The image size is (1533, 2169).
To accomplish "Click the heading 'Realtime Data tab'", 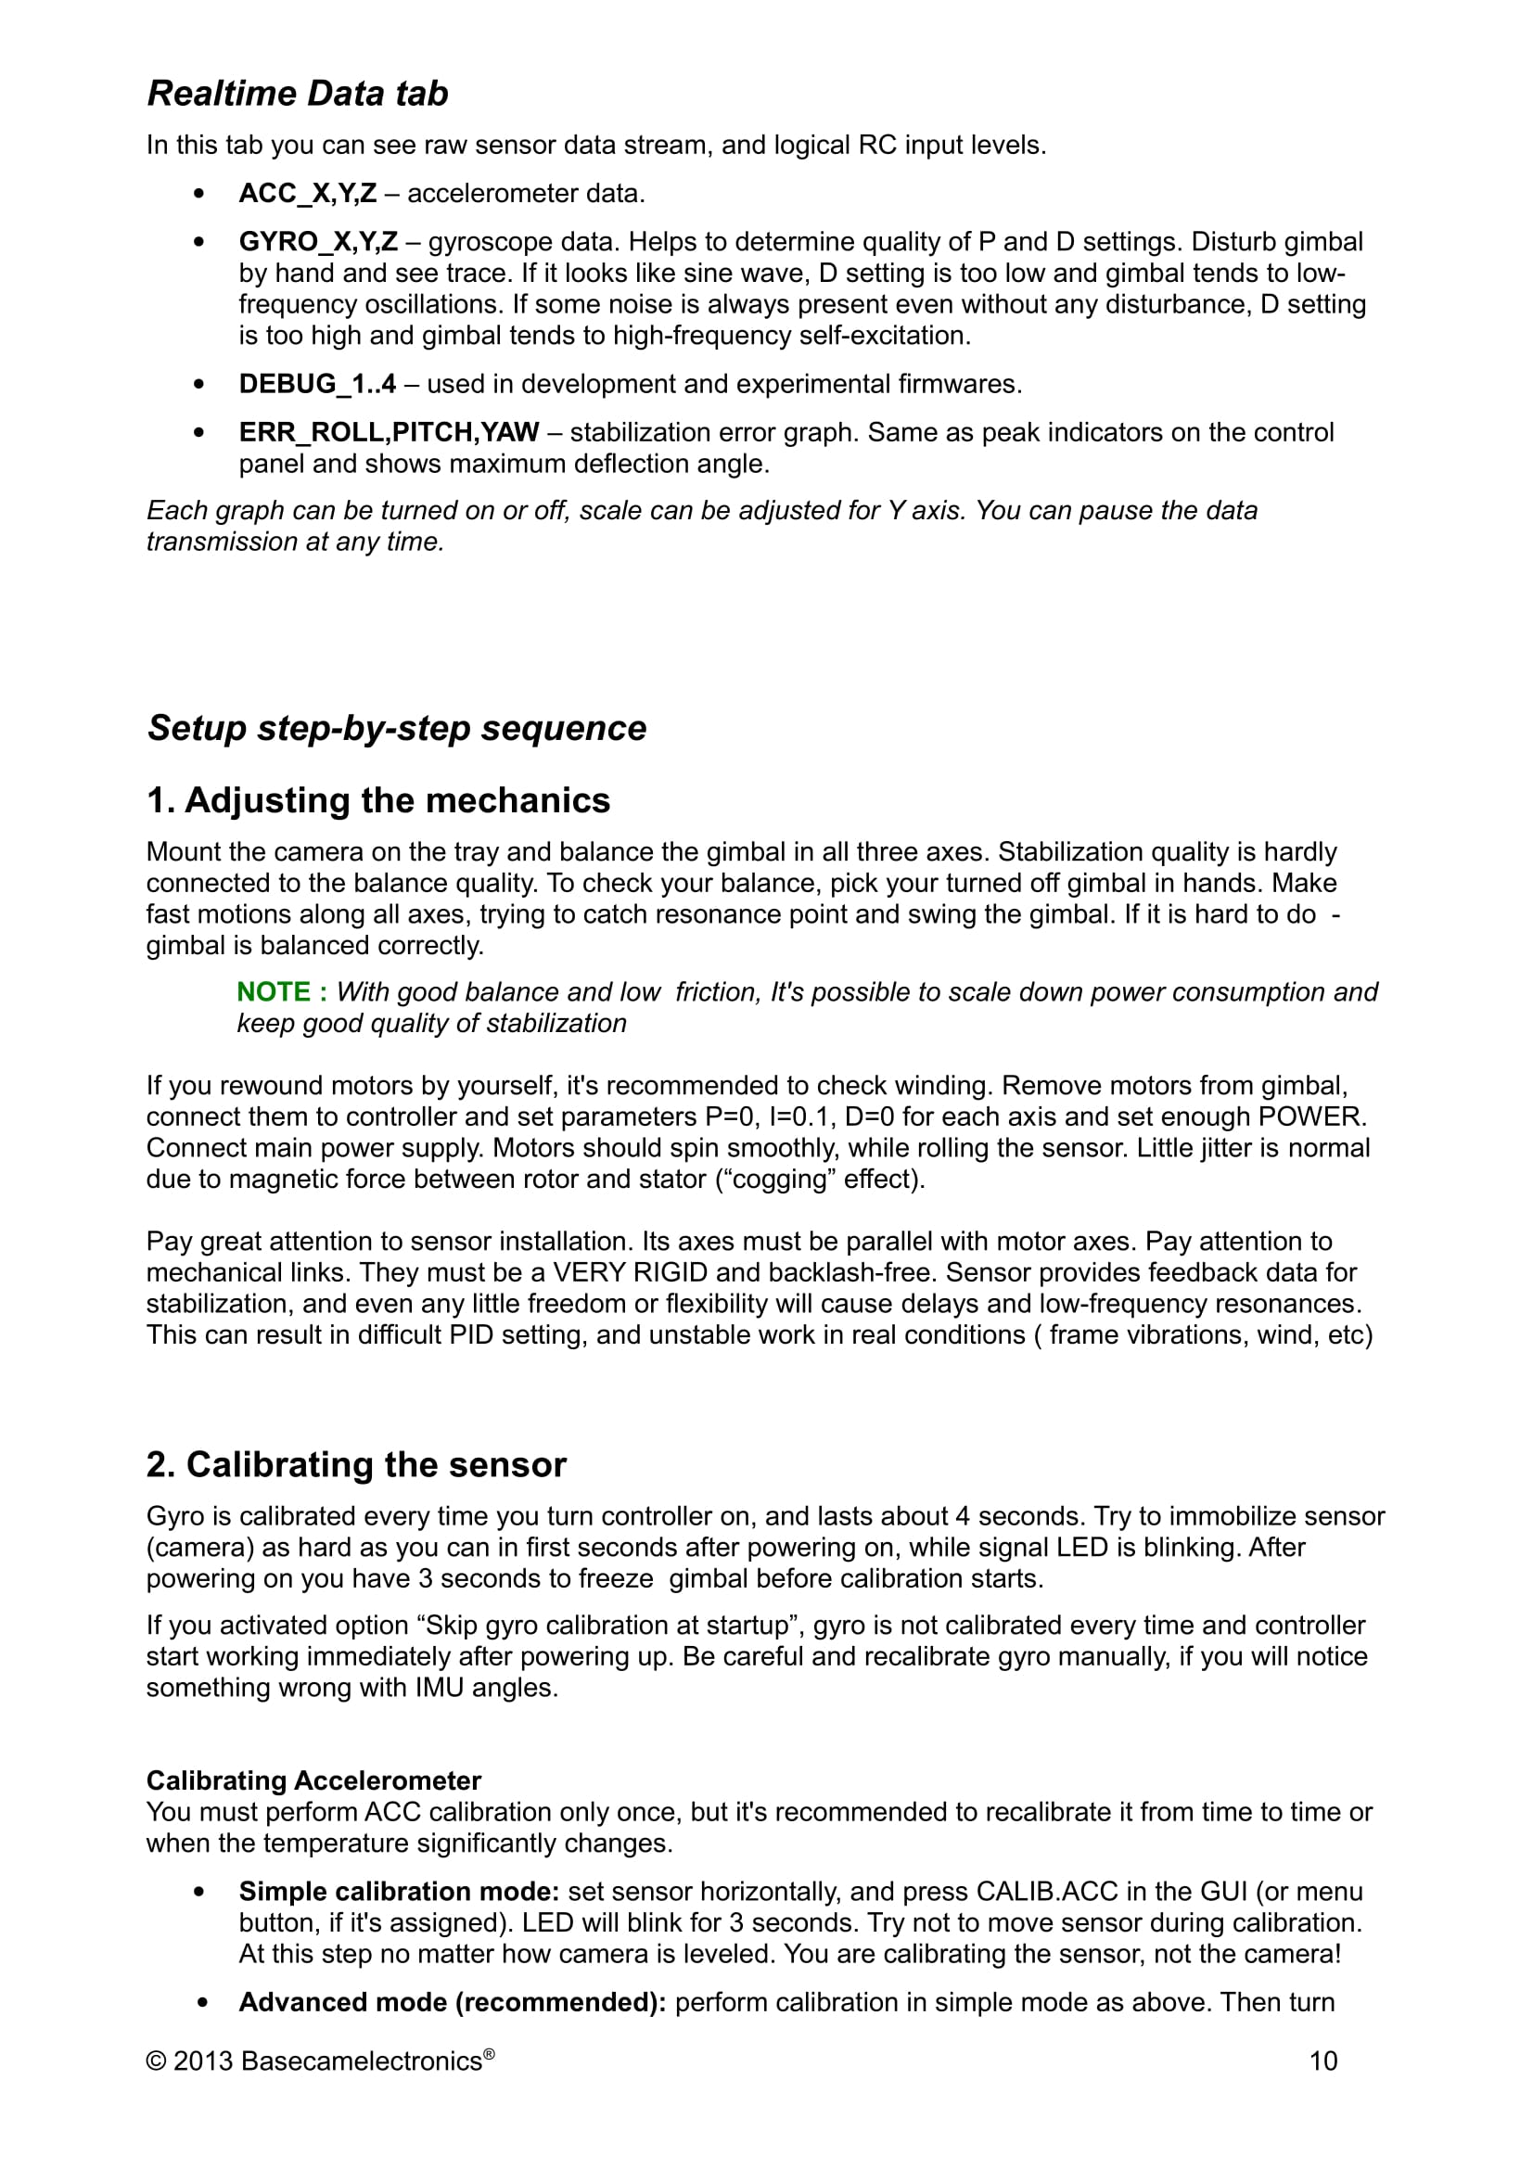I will [x=298, y=94].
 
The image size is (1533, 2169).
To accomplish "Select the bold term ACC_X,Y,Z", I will [x=308, y=194].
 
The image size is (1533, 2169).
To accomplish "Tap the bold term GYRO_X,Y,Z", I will [x=318, y=242].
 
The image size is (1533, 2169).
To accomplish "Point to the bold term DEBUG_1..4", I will [x=317, y=385].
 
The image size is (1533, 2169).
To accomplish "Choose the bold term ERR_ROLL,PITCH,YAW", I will [x=390, y=433].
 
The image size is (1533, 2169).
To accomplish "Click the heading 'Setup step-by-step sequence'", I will [x=397, y=728].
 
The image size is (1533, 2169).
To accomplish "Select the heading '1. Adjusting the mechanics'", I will [x=377, y=800].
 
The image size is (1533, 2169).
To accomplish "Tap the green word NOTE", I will [x=273, y=992].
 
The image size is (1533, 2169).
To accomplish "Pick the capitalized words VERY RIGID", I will [x=630, y=1272].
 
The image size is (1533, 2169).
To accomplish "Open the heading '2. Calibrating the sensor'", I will [x=356, y=1464].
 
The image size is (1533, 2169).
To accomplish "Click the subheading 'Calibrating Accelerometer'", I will [x=313, y=1780].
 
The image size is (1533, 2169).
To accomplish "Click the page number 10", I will [x=1322, y=2061].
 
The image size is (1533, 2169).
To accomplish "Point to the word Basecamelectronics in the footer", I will [x=361, y=2061].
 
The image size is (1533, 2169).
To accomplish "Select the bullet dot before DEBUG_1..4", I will [x=198, y=385].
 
